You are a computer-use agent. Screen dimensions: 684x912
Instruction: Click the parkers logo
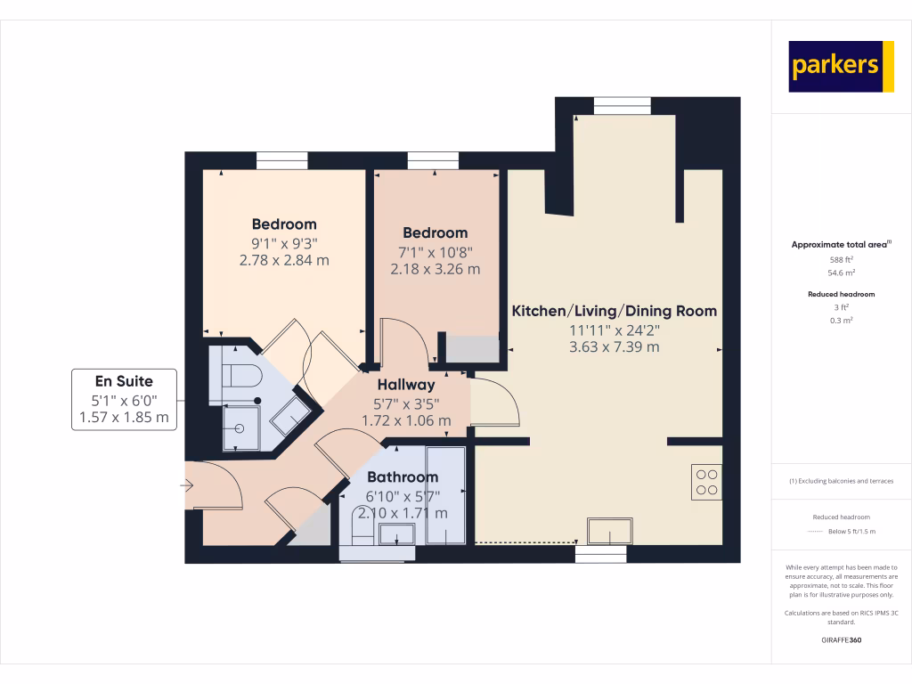point(841,67)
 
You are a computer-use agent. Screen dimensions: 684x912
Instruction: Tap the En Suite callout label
point(124,400)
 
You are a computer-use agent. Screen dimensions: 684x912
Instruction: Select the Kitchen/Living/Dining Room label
point(614,311)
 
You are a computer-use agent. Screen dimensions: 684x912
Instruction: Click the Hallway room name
point(406,385)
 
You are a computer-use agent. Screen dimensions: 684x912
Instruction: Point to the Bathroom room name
point(403,477)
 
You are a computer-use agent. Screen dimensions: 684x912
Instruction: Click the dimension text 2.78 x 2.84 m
point(284,260)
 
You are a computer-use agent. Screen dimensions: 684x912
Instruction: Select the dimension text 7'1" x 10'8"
point(436,251)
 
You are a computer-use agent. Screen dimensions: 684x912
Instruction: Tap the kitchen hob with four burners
point(706,482)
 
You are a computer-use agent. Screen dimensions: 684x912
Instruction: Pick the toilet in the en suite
point(240,372)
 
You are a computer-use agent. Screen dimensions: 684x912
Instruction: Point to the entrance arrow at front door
point(187,485)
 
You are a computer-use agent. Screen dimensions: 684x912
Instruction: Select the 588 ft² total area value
point(841,259)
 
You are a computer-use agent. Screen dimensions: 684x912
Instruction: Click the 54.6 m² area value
point(841,273)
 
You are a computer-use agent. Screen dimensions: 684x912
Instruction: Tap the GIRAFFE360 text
point(841,640)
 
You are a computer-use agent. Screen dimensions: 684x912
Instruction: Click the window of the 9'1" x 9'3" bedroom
point(282,160)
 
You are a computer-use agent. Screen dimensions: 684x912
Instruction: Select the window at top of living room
point(616,106)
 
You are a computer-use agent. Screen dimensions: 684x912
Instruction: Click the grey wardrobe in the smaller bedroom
point(472,348)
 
